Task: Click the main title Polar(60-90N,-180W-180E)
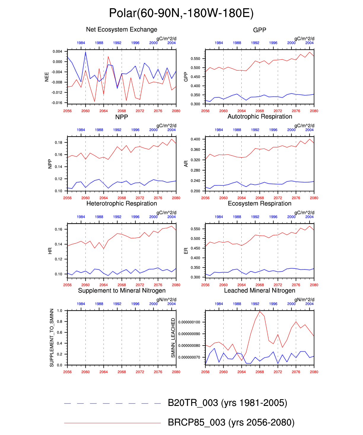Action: point(181,13)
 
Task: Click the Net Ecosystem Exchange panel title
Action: point(122,29)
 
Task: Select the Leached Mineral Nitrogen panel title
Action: point(259,290)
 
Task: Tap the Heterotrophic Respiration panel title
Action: point(122,204)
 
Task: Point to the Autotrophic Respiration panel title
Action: point(259,117)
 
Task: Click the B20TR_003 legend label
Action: point(227,403)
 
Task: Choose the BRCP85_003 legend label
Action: point(231,423)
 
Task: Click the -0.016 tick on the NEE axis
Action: point(58,103)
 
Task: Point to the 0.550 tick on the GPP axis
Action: point(196,59)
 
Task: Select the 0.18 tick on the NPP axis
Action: point(59,143)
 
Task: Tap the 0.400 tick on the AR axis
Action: point(196,139)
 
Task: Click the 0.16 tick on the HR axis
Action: point(59,229)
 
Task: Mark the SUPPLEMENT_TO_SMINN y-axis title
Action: point(52,338)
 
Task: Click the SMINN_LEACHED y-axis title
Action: point(173,338)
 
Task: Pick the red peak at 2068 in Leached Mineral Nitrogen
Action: point(260,311)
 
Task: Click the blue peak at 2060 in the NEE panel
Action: point(85,53)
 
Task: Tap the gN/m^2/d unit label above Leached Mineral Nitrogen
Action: point(304,300)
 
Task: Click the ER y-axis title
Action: point(186,251)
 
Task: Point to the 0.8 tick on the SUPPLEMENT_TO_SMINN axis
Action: point(60,322)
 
